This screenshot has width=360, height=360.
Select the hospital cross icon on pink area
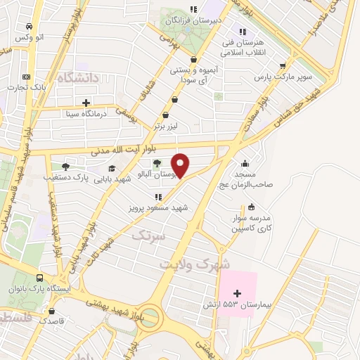pyautogui.click(x=237, y=292)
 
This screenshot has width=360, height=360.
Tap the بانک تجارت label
pyautogui.click(x=27, y=87)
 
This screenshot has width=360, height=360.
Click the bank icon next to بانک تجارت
pyautogui.click(x=27, y=77)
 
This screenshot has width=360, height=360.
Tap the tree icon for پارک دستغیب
pyautogui.click(x=65, y=167)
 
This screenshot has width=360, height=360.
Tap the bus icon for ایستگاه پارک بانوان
pyautogui.click(x=41, y=278)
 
